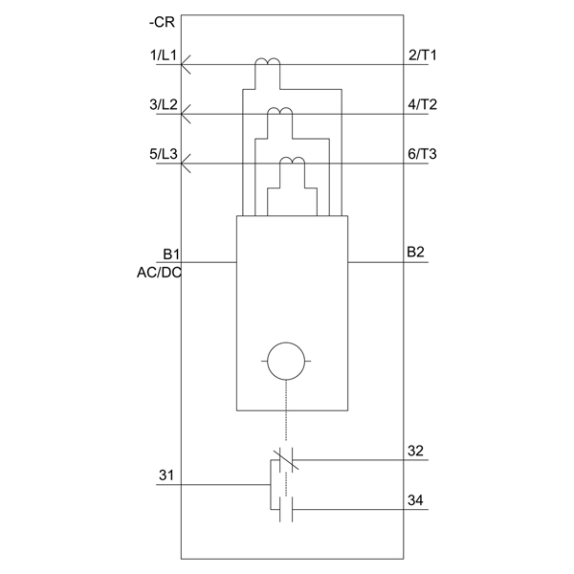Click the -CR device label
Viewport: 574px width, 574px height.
point(162,22)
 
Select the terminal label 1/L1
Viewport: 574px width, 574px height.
point(164,55)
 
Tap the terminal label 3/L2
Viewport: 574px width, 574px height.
point(164,104)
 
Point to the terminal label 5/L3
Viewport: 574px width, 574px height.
point(164,154)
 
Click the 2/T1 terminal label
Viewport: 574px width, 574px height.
point(423,55)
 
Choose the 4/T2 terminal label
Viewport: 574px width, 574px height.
point(423,104)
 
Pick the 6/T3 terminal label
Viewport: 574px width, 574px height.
point(423,154)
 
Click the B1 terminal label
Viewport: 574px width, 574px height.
point(171,254)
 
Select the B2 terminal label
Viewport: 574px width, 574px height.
point(415,253)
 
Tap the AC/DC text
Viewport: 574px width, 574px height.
point(159,273)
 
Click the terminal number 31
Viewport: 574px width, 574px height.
point(166,475)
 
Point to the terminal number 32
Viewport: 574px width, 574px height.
point(415,451)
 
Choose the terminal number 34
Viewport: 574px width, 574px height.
point(415,500)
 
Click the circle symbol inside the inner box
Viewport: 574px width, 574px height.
point(286,342)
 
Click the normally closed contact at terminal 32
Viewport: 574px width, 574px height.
point(286,460)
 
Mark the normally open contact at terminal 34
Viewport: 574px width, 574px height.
point(286,509)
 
